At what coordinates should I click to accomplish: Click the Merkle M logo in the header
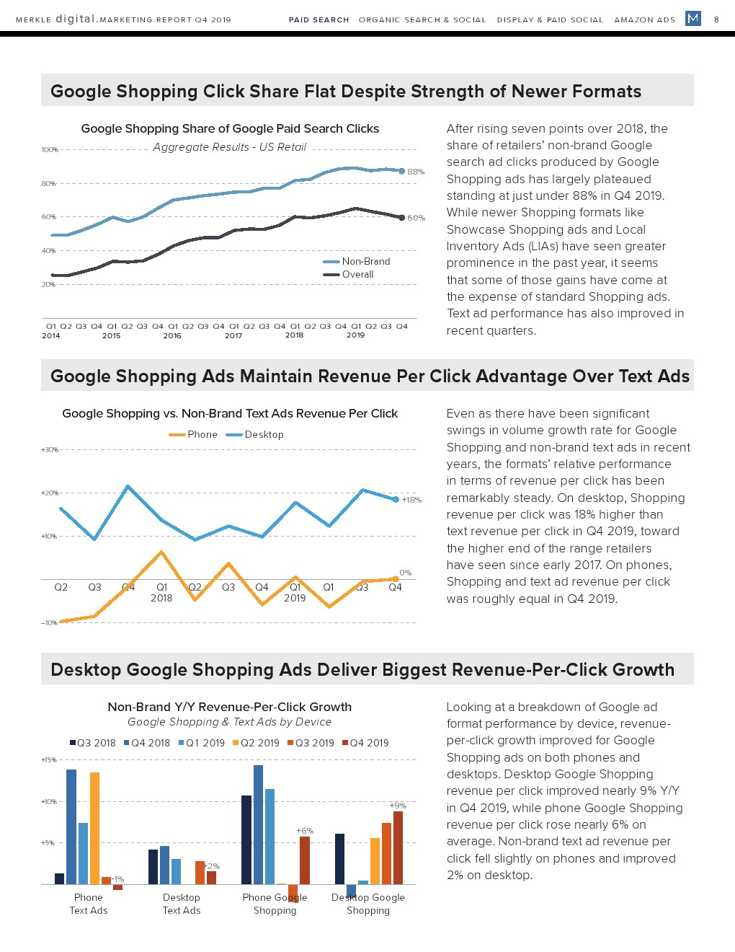(x=692, y=18)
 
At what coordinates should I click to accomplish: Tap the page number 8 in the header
(x=716, y=19)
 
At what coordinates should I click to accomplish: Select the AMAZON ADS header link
(x=644, y=19)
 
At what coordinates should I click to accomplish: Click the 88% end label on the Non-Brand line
(x=416, y=172)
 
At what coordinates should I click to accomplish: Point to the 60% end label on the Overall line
(x=416, y=218)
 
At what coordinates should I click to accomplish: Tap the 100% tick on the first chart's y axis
(x=49, y=150)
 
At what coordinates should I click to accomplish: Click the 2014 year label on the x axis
(x=51, y=335)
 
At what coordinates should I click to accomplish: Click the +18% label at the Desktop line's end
(x=411, y=500)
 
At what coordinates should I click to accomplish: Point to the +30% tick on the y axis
(x=49, y=450)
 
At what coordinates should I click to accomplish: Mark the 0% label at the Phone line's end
(x=406, y=573)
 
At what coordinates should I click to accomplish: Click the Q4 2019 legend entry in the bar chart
(x=368, y=743)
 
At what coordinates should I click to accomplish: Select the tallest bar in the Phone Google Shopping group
(x=258, y=824)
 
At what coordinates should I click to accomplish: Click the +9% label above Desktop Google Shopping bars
(x=398, y=805)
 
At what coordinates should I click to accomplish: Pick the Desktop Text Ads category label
(x=182, y=904)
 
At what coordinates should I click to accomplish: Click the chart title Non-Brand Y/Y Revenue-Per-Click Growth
(x=230, y=707)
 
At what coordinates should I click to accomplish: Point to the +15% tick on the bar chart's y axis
(x=48, y=760)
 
